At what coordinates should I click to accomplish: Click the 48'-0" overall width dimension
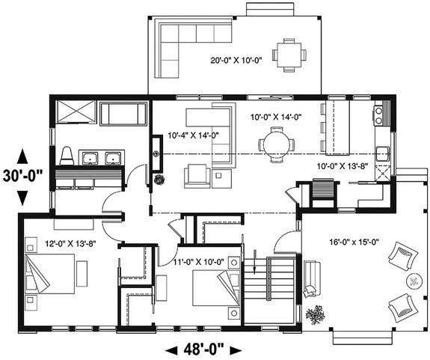point(203,350)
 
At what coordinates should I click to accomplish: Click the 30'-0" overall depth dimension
point(23,177)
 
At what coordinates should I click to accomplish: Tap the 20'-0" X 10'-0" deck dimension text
point(236,60)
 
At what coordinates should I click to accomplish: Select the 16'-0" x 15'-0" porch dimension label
point(354,242)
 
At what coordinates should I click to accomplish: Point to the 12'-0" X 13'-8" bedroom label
point(70,243)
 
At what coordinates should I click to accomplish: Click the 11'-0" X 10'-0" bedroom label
point(199,262)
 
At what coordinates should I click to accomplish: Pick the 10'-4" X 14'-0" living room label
point(194,135)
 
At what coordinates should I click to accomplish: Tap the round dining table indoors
point(277,144)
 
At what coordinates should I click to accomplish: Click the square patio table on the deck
point(289,55)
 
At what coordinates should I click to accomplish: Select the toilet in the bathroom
point(67,156)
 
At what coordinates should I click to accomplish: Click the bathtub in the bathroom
point(123,115)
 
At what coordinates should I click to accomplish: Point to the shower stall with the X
point(76,111)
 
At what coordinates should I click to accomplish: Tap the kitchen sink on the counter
point(383,153)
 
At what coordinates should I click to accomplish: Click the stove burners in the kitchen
point(378,115)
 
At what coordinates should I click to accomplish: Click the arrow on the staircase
point(255,262)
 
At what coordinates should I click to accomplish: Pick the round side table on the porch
point(414,281)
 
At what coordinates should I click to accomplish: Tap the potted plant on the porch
point(315,314)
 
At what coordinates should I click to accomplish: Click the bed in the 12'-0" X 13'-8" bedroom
point(49,274)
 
